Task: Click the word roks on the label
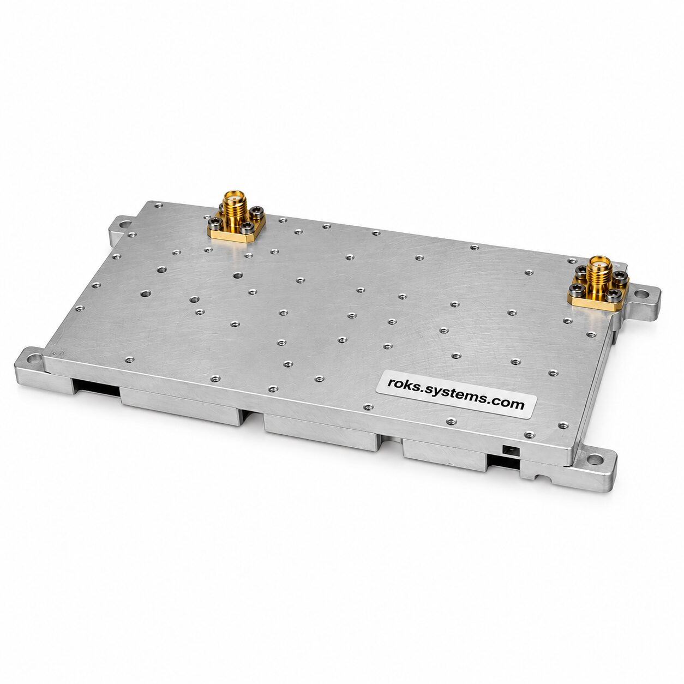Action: (x=401, y=384)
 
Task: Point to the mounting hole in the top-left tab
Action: (x=123, y=225)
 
